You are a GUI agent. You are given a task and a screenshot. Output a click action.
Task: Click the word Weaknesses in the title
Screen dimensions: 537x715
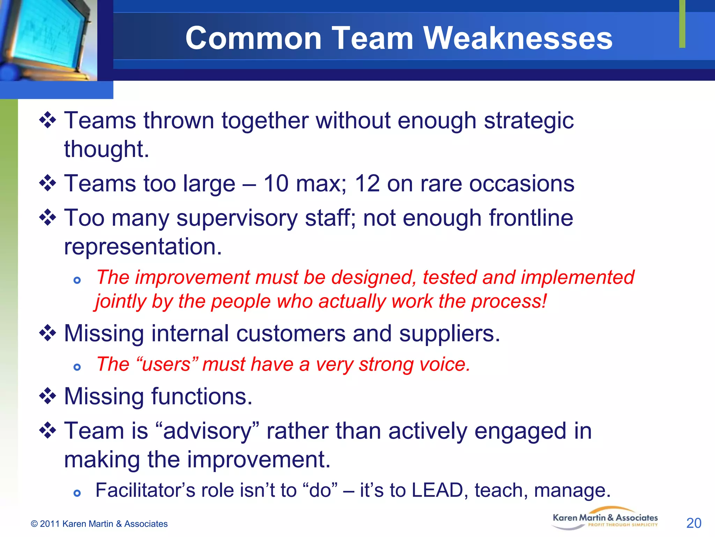pos(518,38)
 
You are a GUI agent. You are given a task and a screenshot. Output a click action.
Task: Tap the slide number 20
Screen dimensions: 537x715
pos(694,523)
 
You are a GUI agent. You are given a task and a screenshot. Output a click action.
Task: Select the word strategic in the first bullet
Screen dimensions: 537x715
pos(529,121)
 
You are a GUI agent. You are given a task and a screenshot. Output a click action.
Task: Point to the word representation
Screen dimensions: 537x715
pos(143,246)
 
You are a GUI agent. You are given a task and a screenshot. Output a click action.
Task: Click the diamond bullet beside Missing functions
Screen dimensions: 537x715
pos(47,396)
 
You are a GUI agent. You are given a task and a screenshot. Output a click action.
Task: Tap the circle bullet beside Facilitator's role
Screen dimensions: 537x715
pos(77,493)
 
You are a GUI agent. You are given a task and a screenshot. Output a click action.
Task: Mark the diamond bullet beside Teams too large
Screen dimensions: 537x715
pos(47,184)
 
